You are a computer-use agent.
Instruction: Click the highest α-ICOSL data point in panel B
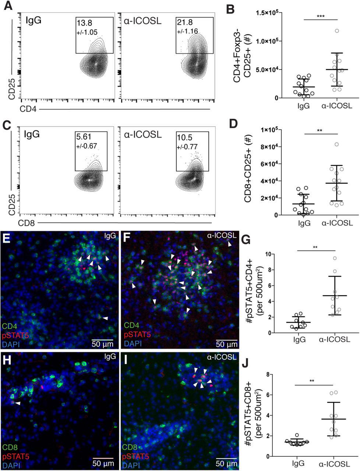(x=337, y=31)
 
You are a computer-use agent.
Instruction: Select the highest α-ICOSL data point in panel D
(x=337, y=144)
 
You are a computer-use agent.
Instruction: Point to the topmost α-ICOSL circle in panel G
(x=335, y=258)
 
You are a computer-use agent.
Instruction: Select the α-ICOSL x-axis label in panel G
(x=334, y=340)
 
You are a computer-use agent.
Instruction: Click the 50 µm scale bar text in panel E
(x=103, y=345)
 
